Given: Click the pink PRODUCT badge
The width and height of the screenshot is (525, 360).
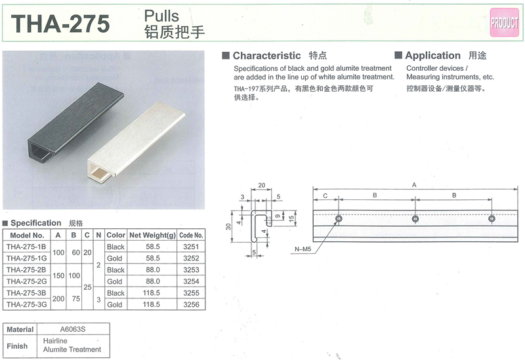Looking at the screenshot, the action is pyautogui.click(x=504, y=22).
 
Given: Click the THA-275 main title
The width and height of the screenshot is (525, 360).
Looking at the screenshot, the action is pyautogui.click(x=60, y=24).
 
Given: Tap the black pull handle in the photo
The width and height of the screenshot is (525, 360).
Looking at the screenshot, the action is pyautogui.click(x=75, y=122).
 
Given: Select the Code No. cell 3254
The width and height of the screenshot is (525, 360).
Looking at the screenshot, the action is pyautogui.click(x=191, y=281).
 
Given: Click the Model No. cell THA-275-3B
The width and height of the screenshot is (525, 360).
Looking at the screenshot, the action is pyautogui.click(x=26, y=292).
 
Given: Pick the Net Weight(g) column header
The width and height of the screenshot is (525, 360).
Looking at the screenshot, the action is pyautogui.click(x=152, y=235).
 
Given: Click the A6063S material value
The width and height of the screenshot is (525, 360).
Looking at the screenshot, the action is pyautogui.click(x=73, y=329).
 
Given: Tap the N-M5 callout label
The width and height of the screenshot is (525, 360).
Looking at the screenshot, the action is pyautogui.click(x=303, y=249).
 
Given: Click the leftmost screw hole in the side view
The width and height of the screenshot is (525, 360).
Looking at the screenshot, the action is pyautogui.click(x=339, y=219).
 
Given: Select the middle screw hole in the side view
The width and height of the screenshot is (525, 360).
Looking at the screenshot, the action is pyautogui.click(x=415, y=219).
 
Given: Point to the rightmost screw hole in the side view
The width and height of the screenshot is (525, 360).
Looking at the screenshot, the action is pyautogui.click(x=492, y=219).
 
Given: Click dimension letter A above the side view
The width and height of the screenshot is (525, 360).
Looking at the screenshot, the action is pyautogui.click(x=414, y=185).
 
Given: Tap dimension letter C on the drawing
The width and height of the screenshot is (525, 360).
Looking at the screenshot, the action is pyautogui.click(x=325, y=195).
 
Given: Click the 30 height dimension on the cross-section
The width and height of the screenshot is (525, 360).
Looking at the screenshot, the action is pyautogui.click(x=228, y=227).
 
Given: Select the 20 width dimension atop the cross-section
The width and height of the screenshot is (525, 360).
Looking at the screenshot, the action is pyautogui.click(x=261, y=185).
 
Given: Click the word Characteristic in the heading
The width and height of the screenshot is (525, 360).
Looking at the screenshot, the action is pyautogui.click(x=266, y=55).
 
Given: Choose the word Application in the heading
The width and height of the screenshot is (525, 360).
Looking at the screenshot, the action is pyautogui.click(x=432, y=55).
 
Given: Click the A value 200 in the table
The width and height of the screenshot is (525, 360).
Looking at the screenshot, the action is pyautogui.click(x=58, y=298).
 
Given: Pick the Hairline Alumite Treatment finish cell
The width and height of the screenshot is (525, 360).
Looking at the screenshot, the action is pyautogui.click(x=72, y=346).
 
